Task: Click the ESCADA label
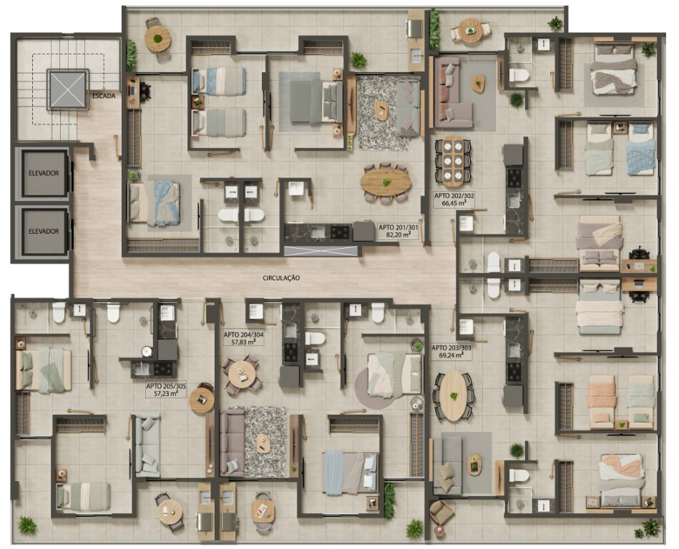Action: [x=104, y=96]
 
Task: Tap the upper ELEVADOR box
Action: [x=44, y=173]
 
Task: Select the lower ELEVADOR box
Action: [x=44, y=232]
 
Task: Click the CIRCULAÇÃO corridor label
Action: [x=281, y=278]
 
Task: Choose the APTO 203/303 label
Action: [x=451, y=347]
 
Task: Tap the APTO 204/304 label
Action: [x=243, y=335]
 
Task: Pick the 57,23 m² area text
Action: [x=166, y=393]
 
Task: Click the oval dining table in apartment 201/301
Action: [x=386, y=182]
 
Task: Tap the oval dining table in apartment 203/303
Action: [x=453, y=396]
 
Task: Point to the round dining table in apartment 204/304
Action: [x=243, y=375]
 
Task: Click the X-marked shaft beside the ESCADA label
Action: [x=67, y=89]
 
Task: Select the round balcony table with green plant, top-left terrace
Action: [x=157, y=39]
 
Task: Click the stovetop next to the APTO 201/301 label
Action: [x=340, y=232]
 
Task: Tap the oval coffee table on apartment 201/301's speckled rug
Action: [x=381, y=111]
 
